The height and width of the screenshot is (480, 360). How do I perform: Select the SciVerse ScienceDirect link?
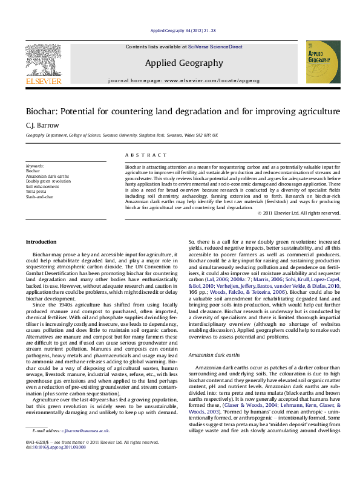click(215, 47)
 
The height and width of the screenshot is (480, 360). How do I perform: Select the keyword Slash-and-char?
click(40, 195)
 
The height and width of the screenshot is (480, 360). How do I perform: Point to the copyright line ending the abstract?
click(298, 213)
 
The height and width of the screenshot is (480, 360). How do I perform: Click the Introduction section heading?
click(41, 242)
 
